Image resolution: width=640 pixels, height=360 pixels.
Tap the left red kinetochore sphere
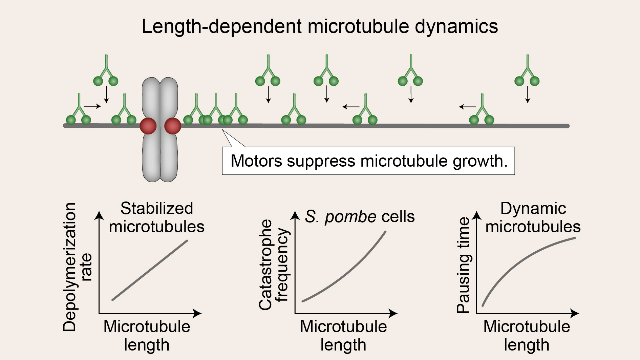148,126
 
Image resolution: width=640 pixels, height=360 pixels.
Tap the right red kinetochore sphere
173,126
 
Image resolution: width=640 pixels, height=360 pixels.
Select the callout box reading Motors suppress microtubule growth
368,161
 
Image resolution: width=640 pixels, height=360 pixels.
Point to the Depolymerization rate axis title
77,267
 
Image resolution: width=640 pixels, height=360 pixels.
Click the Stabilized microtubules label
156,217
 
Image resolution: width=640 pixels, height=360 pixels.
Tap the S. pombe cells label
360,216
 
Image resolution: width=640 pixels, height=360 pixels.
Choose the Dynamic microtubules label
533,217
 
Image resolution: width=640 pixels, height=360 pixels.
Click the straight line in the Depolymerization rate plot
150,270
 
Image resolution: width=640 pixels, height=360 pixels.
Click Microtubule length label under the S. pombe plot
343,336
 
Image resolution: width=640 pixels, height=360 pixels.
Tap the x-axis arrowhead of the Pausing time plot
575,313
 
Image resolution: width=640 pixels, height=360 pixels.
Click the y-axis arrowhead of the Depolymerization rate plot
99,215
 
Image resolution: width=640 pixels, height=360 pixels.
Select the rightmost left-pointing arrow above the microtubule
467,107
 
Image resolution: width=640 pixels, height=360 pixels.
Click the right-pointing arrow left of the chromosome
92,106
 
